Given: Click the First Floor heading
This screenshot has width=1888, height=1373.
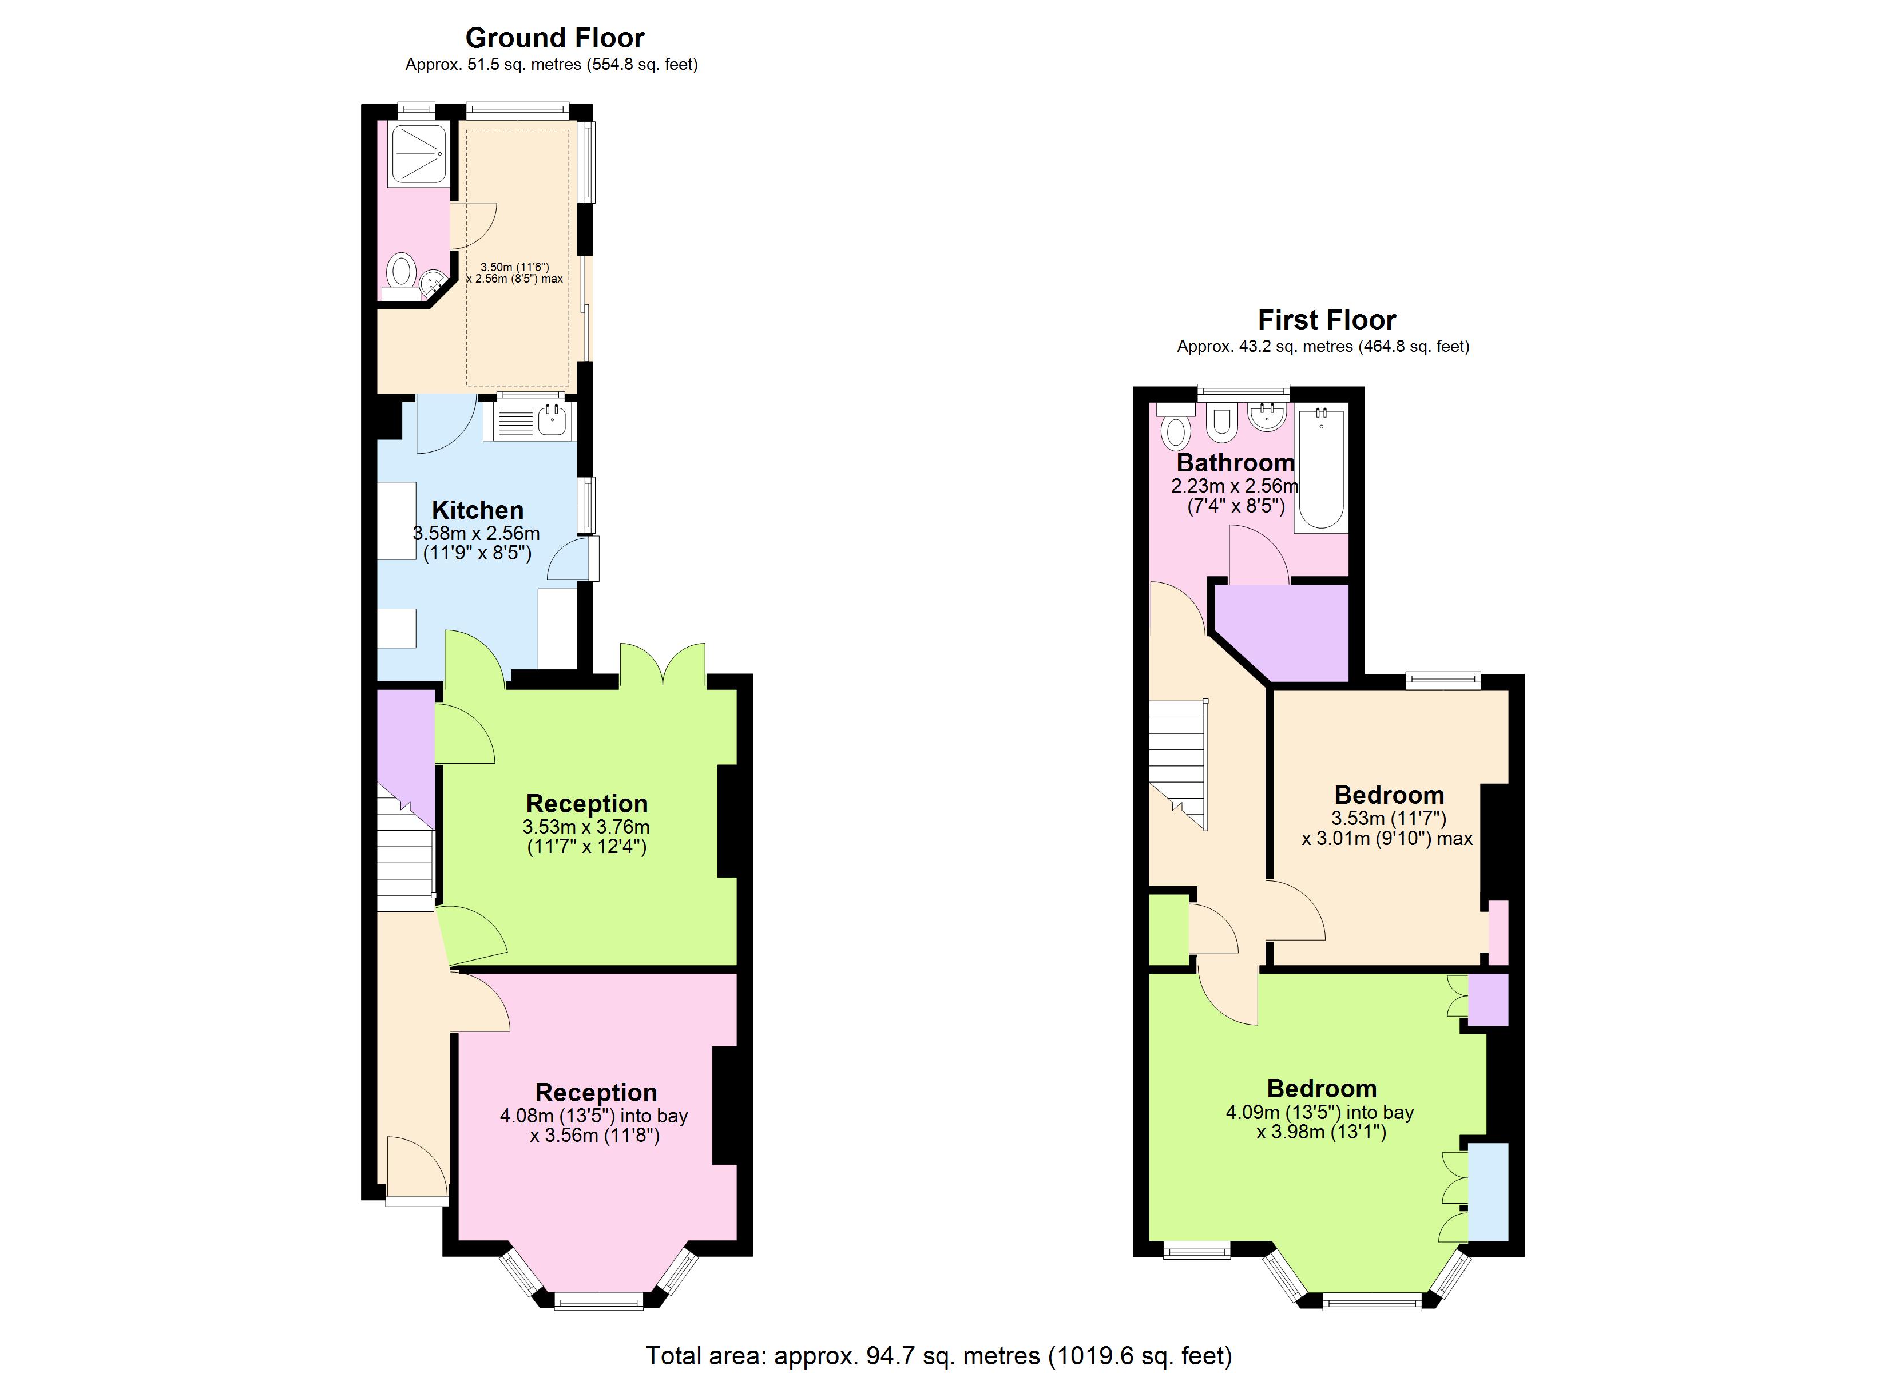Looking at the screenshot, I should click(x=1326, y=320).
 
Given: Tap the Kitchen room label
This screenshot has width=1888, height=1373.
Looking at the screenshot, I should click(x=477, y=510).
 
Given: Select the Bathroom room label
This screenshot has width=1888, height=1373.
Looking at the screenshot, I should click(x=1235, y=463).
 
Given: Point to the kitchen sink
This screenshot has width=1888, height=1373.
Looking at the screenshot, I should click(x=551, y=420).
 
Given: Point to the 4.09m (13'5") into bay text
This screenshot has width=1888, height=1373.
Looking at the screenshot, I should click(x=1319, y=1112).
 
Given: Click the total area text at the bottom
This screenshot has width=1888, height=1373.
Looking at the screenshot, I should click(x=938, y=1355).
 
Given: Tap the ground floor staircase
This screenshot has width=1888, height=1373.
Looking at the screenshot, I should click(x=406, y=854).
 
